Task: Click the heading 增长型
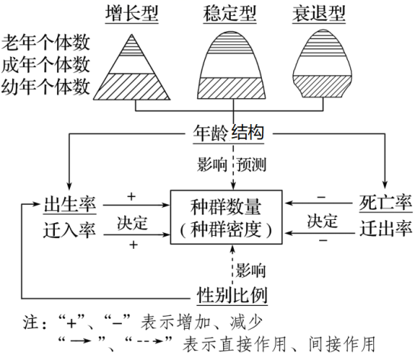pyautogui.click(x=132, y=13)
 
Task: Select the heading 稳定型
pyautogui.click(x=230, y=13)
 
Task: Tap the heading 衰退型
pyautogui.click(x=319, y=13)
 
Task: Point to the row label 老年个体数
pyautogui.click(x=46, y=43)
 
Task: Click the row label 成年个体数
pyautogui.click(x=46, y=65)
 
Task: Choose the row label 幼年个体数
pyautogui.click(x=46, y=87)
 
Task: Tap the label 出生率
pyautogui.click(x=70, y=205)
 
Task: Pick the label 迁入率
pyautogui.click(x=69, y=230)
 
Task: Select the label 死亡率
pyautogui.click(x=385, y=202)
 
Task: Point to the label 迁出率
pyautogui.click(x=385, y=228)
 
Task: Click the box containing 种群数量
pyautogui.click(x=226, y=217)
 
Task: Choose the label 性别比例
pyautogui.click(x=232, y=295)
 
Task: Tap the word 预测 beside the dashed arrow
pyautogui.click(x=251, y=165)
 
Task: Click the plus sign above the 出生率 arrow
pyautogui.click(x=131, y=196)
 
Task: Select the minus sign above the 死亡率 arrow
pyautogui.click(x=321, y=197)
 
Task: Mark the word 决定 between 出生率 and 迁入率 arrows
pyautogui.click(x=132, y=223)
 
